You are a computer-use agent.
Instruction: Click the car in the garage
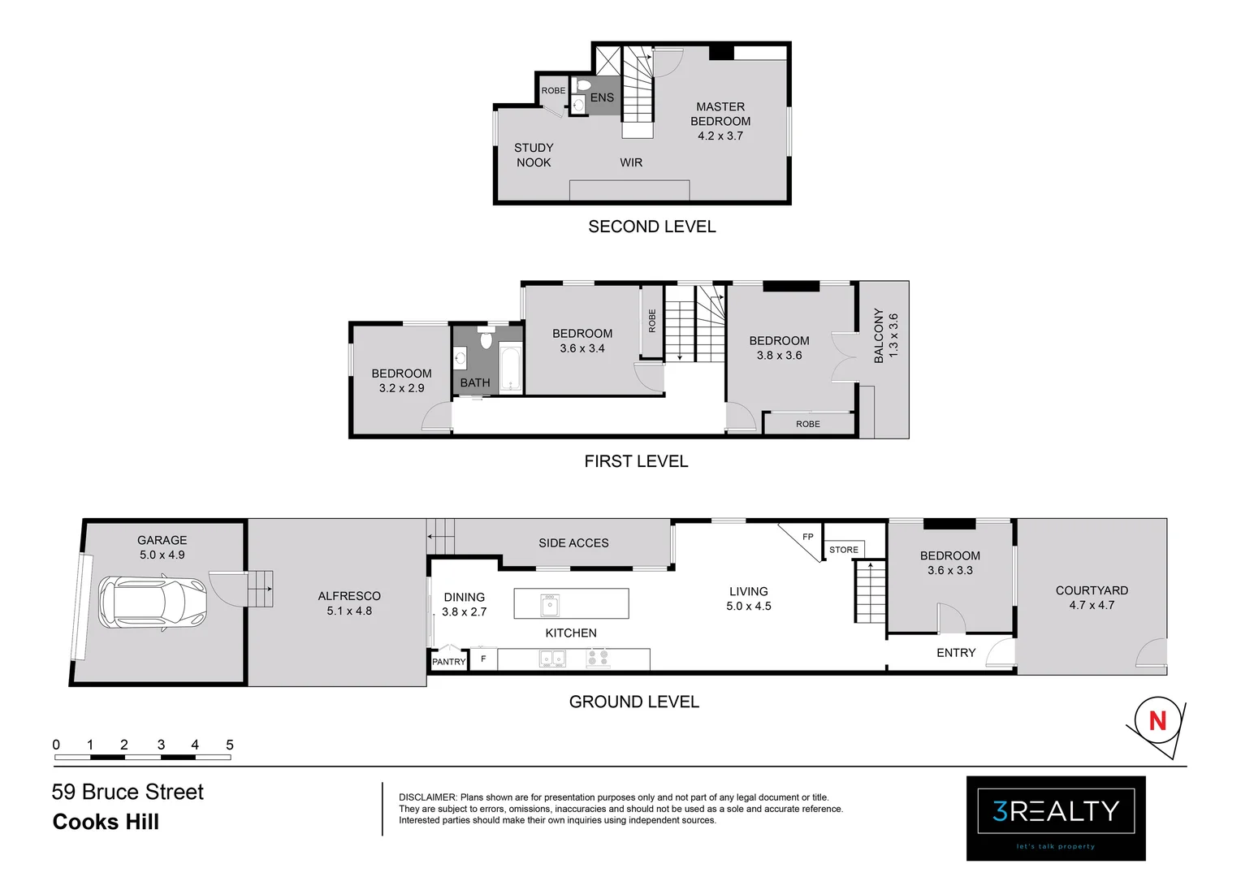click(153, 603)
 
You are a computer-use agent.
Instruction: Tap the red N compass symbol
click(1157, 720)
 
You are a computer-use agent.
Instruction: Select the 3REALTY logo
click(1055, 812)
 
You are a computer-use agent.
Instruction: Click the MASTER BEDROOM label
click(720, 114)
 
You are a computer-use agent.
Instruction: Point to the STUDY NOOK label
click(534, 155)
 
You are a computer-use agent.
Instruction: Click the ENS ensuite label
click(602, 97)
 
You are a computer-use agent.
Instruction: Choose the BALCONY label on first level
click(879, 335)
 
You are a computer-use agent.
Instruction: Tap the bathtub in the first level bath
click(511, 369)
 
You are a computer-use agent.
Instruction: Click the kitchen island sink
click(550, 605)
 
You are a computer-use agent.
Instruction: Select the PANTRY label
click(448, 662)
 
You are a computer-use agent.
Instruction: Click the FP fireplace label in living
click(807, 537)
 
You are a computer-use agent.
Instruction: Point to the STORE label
click(843, 550)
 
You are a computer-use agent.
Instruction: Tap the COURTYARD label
click(1091, 590)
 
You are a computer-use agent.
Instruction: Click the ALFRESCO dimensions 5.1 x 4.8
click(349, 611)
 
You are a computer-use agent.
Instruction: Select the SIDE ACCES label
click(573, 542)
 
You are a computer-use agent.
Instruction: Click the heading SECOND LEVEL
click(651, 227)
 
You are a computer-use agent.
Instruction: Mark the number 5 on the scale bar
click(230, 745)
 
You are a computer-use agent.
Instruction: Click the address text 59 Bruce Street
click(128, 792)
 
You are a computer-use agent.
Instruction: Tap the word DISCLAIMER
click(428, 797)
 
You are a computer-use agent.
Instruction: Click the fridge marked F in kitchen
click(483, 659)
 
